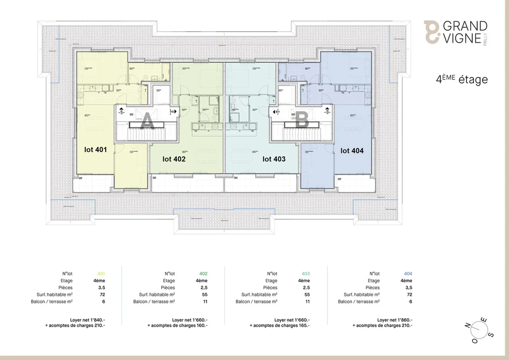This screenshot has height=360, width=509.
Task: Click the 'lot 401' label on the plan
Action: [95, 150]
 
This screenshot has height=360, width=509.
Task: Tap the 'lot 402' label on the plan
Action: [174, 159]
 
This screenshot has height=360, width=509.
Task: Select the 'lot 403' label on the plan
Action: [274, 159]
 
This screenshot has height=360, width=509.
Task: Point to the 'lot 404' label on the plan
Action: [352, 151]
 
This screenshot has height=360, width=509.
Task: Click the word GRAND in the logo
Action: [465, 26]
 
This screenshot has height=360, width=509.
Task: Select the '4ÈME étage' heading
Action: [462, 79]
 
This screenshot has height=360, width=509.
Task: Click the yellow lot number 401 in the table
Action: [101, 274]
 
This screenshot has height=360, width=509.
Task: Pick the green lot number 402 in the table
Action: [203, 274]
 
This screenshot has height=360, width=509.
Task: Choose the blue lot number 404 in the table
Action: [408, 274]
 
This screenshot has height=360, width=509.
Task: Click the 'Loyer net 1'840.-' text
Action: [87, 320]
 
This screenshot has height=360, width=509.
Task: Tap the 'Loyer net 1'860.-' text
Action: [394, 320]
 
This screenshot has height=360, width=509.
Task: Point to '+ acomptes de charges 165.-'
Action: [280, 326]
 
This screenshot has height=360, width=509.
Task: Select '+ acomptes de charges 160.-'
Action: [177, 326]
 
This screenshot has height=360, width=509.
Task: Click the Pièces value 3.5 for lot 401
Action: [101, 288]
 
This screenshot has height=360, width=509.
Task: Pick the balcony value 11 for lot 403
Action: [308, 302]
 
